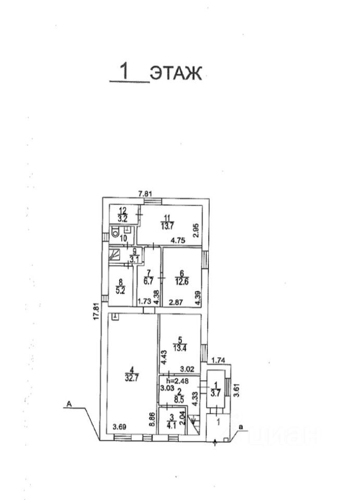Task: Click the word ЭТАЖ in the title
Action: click(176, 73)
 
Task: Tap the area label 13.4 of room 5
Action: click(180, 347)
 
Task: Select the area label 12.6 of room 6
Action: click(181, 282)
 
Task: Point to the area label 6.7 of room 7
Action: click(148, 282)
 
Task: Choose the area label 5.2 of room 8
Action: click(120, 291)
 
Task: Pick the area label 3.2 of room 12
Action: click(123, 219)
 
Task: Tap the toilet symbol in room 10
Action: click(115, 232)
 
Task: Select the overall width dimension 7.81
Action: click(145, 193)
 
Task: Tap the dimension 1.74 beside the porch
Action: click(218, 360)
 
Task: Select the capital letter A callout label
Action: click(68, 404)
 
